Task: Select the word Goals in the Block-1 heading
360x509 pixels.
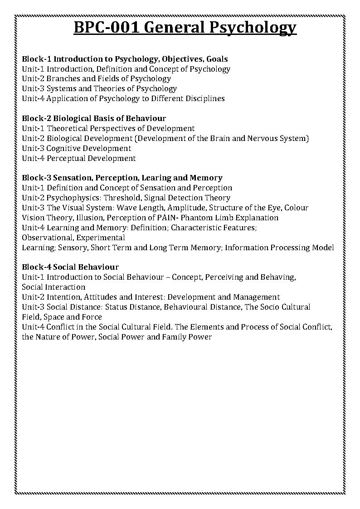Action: pos(216,59)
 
